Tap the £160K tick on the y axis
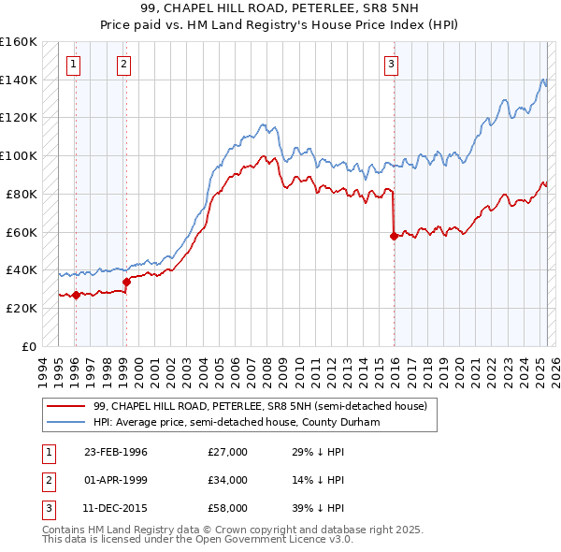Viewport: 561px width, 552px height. point(18,42)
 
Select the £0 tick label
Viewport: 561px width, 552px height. point(29,346)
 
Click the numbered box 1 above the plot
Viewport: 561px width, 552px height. point(74,65)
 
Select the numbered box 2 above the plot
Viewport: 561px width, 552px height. point(123,65)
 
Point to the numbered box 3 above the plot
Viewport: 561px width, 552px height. point(391,65)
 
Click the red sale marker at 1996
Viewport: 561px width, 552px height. point(76,295)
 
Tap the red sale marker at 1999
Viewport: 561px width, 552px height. point(125,282)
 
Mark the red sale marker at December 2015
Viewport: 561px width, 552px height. point(394,236)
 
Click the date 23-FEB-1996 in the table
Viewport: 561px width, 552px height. point(116,452)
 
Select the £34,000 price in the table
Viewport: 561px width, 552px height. point(227,480)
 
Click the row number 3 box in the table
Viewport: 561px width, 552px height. point(47,508)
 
